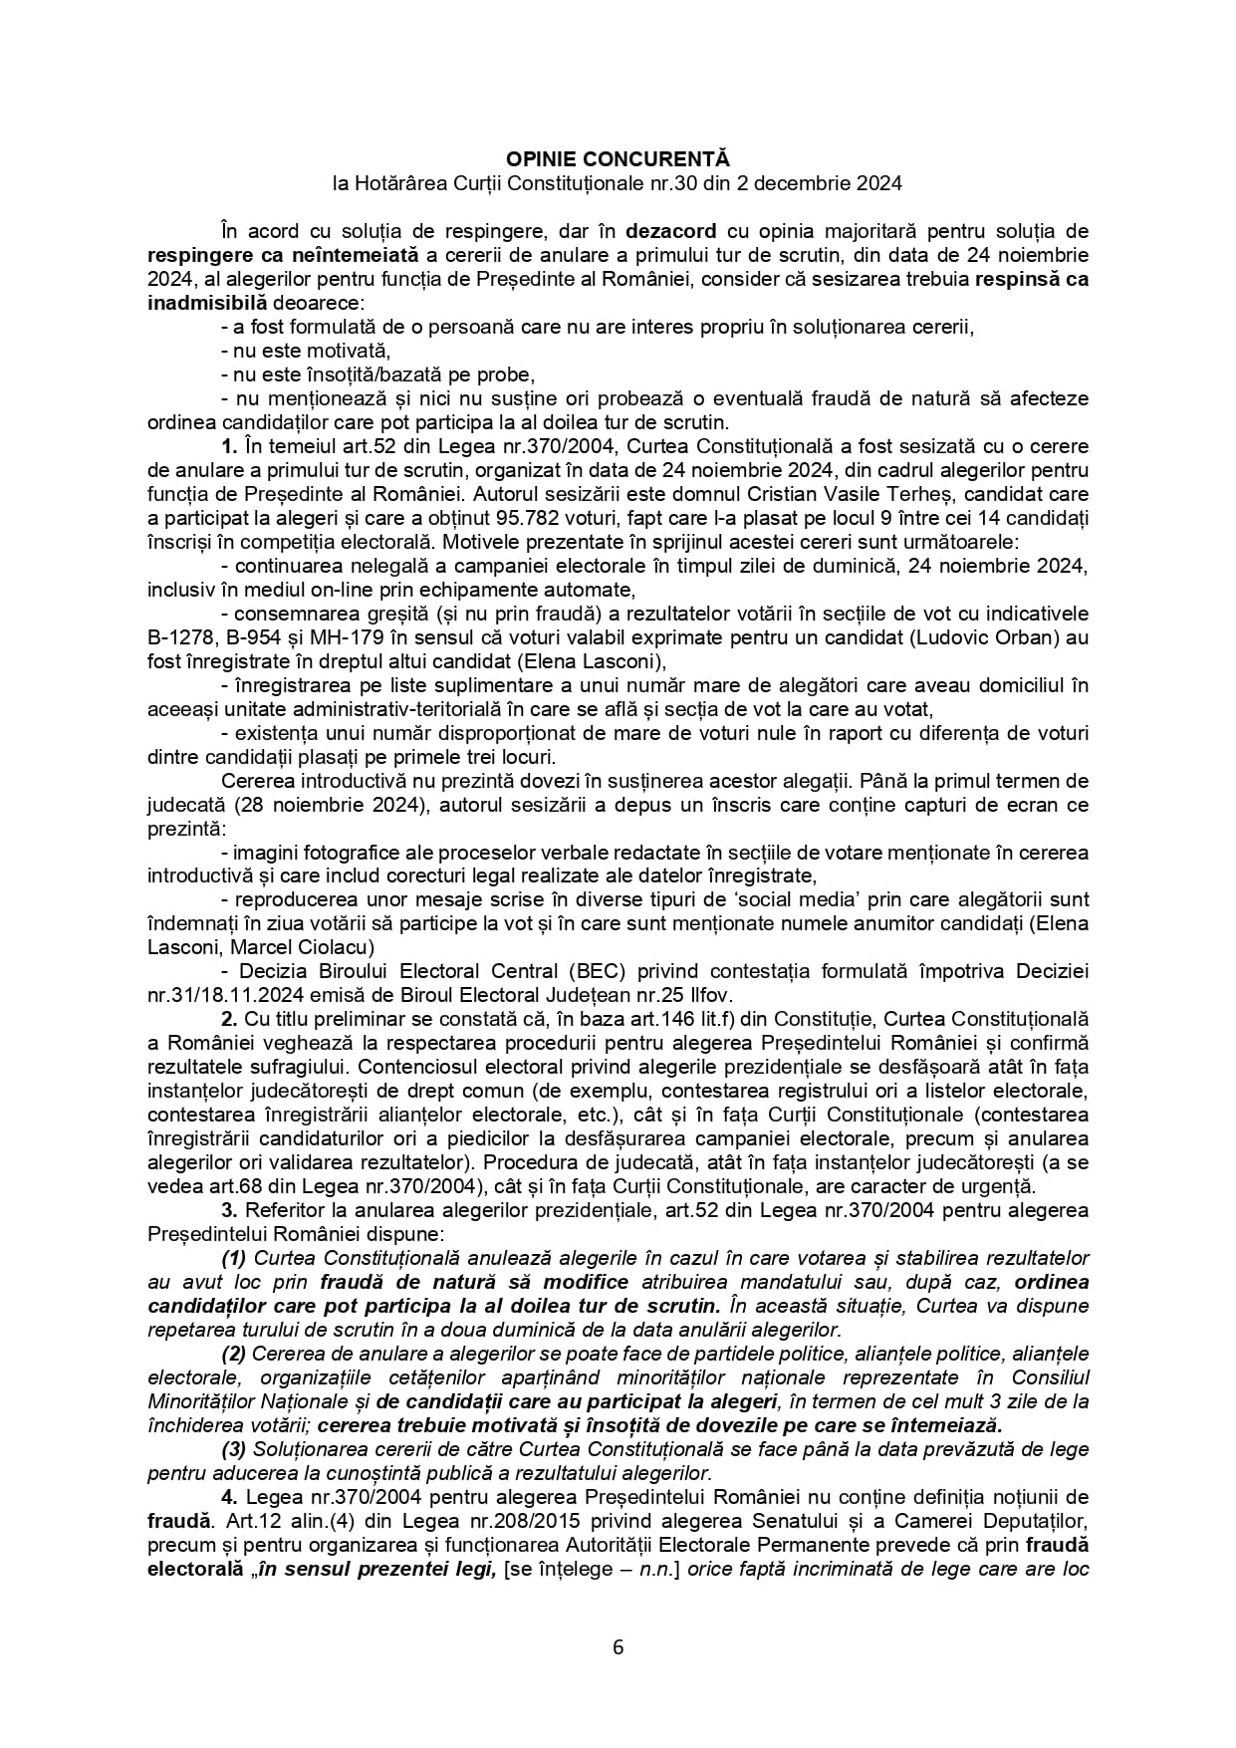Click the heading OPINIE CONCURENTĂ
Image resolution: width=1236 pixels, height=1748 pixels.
618,159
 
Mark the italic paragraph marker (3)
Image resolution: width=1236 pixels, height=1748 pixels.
234,1449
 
